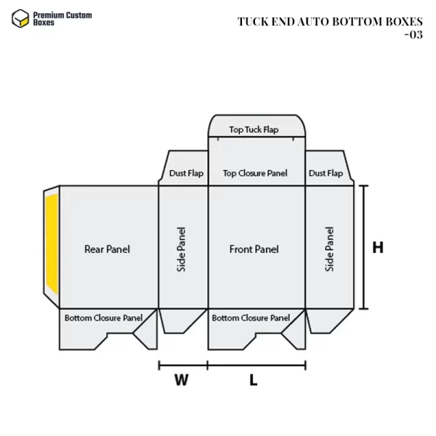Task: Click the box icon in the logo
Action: pyautogui.click(x=20, y=18)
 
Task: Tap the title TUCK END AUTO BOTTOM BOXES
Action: pyautogui.click(x=330, y=21)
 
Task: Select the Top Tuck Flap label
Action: pyautogui.click(x=254, y=130)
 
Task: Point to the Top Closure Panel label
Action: pyautogui.click(x=255, y=173)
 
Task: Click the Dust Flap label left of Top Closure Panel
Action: pyautogui.click(x=187, y=174)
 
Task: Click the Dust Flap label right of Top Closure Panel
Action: pyautogui.click(x=326, y=173)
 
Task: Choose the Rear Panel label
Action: pyautogui.click(x=107, y=249)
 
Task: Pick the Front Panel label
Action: pyautogui.click(x=254, y=249)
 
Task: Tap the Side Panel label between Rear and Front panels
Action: pyautogui.click(x=182, y=249)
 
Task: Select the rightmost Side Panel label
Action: pyautogui.click(x=330, y=249)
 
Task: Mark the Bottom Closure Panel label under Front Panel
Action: pyautogui.click(x=251, y=318)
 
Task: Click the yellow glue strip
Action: pyautogui.click(x=52, y=248)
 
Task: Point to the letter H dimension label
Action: pyautogui.click(x=378, y=248)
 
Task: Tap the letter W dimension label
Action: pyautogui.click(x=182, y=379)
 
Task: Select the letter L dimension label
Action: pyautogui.click(x=254, y=379)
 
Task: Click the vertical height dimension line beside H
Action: pyautogui.click(x=363, y=247)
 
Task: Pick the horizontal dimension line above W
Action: pyautogui.click(x=183, y=365)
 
